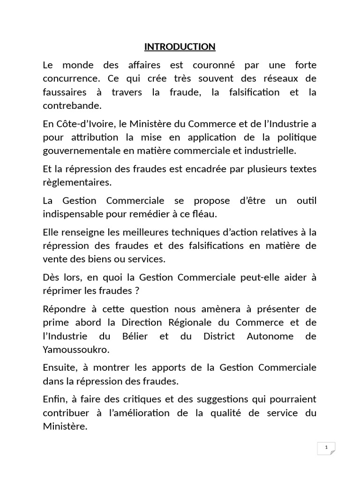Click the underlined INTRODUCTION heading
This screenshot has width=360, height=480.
click(x=180, y=46)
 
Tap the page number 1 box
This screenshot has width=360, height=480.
click(x=326, y=448)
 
